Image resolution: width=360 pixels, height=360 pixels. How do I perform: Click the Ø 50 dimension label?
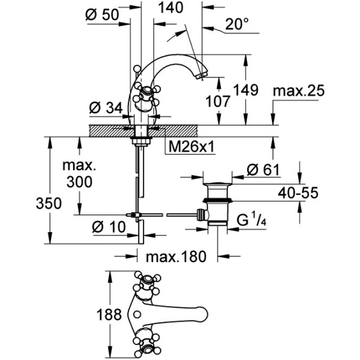(103, 14)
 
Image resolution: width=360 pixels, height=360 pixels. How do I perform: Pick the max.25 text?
(298, 91)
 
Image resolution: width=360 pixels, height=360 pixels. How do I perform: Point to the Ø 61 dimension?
(263, 170)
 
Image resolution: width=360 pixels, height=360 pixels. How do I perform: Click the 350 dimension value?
(49, 203)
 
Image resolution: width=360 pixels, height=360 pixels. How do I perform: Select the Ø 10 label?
(109, 227)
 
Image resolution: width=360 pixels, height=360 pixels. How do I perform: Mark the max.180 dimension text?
(176, 257)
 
